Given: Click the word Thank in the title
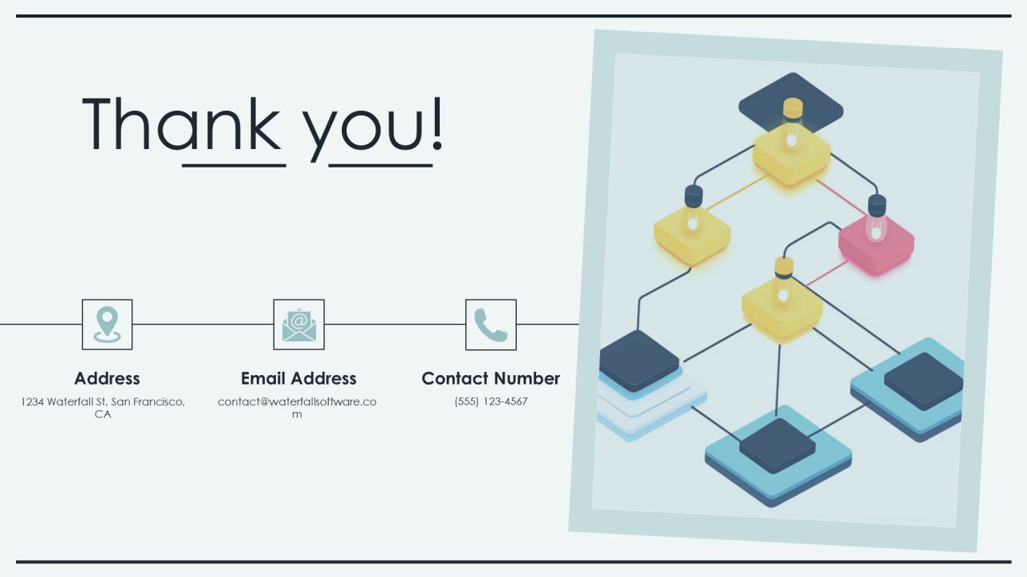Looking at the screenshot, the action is pyautogui.click(x=181, y=123).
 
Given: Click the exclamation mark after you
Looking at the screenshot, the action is pyautogui.click(x=437, y=123).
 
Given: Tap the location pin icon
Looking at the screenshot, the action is pyautogui.click(x=108, y=325).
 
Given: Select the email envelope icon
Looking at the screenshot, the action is pyautogui.click(x=299, y=325).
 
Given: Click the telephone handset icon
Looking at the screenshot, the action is pyautogui.click(x=490, y=325).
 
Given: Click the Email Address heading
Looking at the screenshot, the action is pyautogui.click(x=299, y=379).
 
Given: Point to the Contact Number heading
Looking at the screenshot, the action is pyautogui.click(x=490, y=379).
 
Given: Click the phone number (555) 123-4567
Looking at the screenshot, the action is pyautogui.click(x=491, y=401).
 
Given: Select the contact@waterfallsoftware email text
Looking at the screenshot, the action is pyautogui.click(x=297, y=408).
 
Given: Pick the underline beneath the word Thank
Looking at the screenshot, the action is pyautogui.click(x=233, y=165).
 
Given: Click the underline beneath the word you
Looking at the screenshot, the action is pyautogui.click(x=380, y=165).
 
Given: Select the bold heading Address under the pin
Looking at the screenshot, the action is pyautogui.click(x=108, y=379).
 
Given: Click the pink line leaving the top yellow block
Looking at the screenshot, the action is pyautogui.click(x=842, y=197).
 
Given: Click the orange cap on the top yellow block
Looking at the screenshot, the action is pyautogui.click(x=793, y=108).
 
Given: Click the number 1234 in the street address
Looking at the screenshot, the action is pyautogui.click(x=32, y=402).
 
